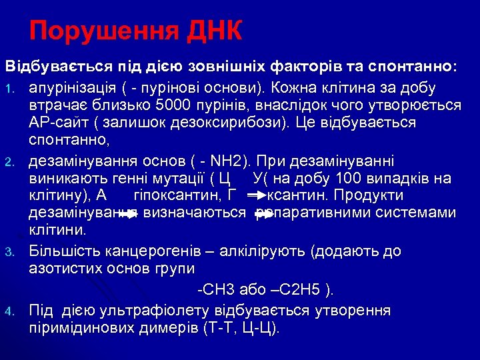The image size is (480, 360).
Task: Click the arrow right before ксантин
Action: click(255, 197)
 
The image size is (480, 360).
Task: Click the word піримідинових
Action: click(78, 329)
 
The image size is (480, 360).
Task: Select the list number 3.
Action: click(10, 252)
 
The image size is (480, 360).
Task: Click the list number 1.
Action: click(10, 89)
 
